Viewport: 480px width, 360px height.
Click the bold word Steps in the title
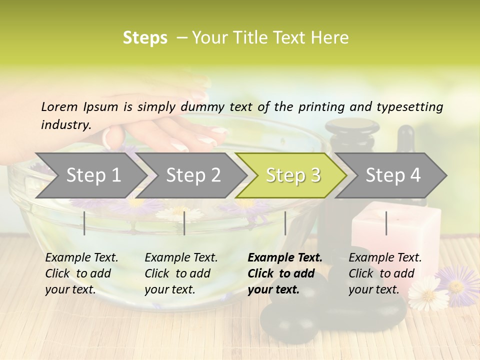(145, 38)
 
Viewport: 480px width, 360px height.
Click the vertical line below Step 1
(84, 223)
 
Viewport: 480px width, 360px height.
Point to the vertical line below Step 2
(184, 223)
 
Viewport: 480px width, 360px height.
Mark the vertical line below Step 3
(285, 223)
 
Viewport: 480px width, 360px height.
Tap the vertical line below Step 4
(386, 223)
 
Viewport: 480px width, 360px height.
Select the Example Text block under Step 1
(81, 273)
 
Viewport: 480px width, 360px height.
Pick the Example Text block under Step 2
(181, 273)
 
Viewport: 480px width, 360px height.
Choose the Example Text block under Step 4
(385, 273)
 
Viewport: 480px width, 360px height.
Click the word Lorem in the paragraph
(59, 106)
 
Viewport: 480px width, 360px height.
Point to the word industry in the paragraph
(65, 124)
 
